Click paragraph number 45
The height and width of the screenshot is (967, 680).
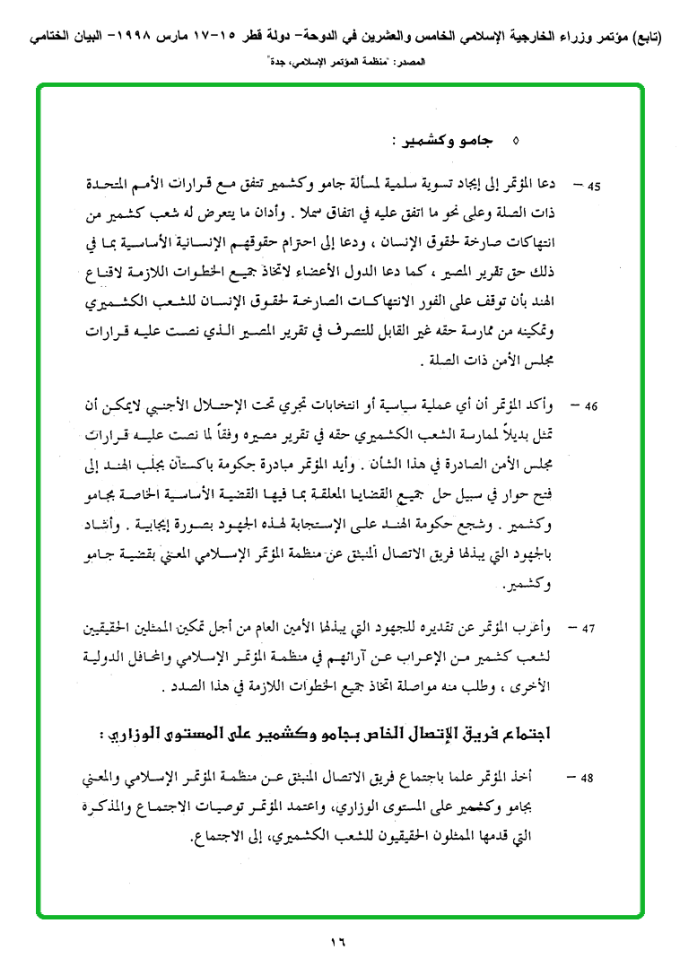point(592,187)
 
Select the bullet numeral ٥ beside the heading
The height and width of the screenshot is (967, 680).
point(514,142)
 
